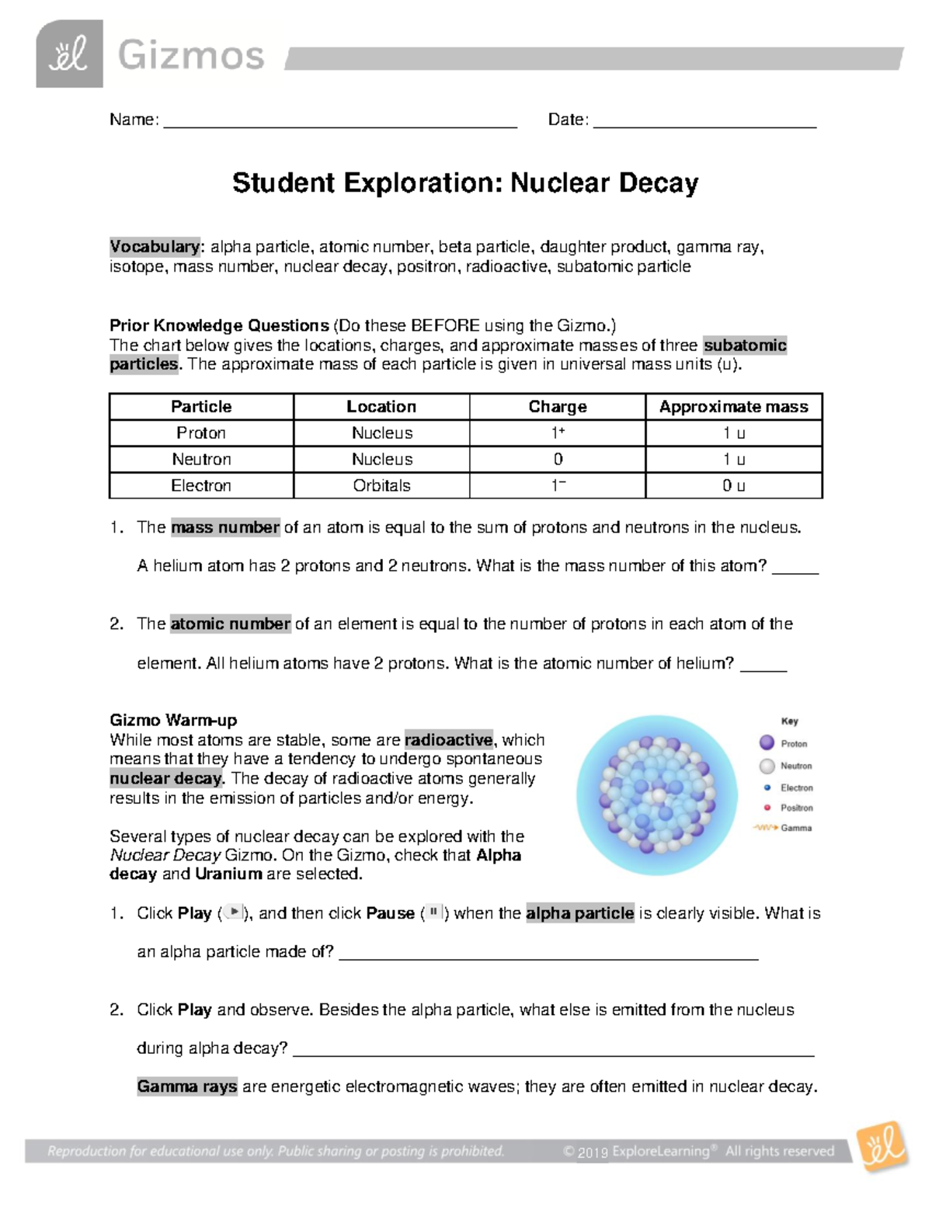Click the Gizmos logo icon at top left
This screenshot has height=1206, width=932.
tap(69, 54)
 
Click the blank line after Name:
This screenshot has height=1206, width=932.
tap(339, 122)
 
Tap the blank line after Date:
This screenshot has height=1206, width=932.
tap(704, 122)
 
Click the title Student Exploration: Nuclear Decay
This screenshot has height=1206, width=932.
tap(465, 183)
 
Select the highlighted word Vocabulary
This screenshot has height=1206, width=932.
tap(155, 247)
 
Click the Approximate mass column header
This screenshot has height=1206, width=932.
tap(733, 407)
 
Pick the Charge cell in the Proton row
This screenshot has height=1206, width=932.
tap(557, 433)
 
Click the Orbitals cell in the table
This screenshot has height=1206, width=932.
tap(381, 486)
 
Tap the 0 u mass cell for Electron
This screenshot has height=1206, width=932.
tap(733, 486)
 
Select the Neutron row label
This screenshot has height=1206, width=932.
tap(201, 460)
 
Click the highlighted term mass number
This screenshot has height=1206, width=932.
tap(225, 528)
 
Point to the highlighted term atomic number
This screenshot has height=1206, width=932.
tap(230, 624)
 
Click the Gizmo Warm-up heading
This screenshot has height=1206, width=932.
tap(173, 721)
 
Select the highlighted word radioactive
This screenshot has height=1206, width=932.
tap(448, 740)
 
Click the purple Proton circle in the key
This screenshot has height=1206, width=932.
tap(767, 743)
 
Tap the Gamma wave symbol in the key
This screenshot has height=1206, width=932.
tap(765, 828)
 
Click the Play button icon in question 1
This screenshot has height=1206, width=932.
tap(234, 913)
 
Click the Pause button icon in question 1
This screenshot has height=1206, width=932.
tap(434, 913)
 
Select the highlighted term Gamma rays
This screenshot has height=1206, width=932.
tap(187, 1087)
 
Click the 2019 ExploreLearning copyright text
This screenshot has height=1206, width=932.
tap(637, 1152)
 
